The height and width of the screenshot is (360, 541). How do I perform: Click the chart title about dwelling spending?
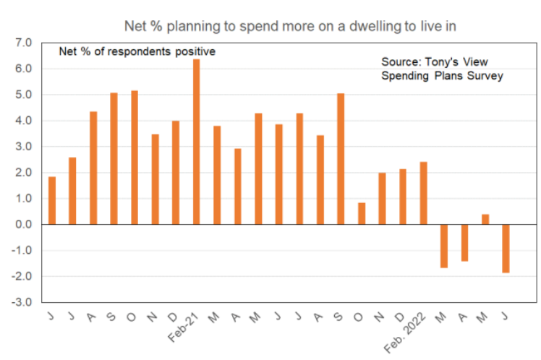point(291,27)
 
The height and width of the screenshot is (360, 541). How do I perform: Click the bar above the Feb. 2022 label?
point(423,193)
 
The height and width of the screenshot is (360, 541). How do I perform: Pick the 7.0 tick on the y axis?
point(24,43)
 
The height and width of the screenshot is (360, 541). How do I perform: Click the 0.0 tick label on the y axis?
point(24,224)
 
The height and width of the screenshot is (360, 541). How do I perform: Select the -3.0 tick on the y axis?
point(22,302)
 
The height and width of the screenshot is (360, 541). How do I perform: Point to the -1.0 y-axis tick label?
point(22,250)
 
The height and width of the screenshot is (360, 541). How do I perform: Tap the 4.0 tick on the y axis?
point(24,121)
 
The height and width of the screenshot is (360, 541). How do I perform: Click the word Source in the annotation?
point(399,62)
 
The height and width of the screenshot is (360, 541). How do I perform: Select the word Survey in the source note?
point(487,76)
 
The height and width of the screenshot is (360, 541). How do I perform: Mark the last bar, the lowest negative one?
point(506,249)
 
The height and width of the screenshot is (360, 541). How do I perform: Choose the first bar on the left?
point(51,200)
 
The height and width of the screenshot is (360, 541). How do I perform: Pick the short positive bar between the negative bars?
point(485,219)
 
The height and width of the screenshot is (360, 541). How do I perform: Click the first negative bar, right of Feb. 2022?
point(444,246)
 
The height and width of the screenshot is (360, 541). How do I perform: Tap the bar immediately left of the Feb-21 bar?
point(176,173)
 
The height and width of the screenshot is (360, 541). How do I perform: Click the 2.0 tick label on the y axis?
point(24,173)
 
